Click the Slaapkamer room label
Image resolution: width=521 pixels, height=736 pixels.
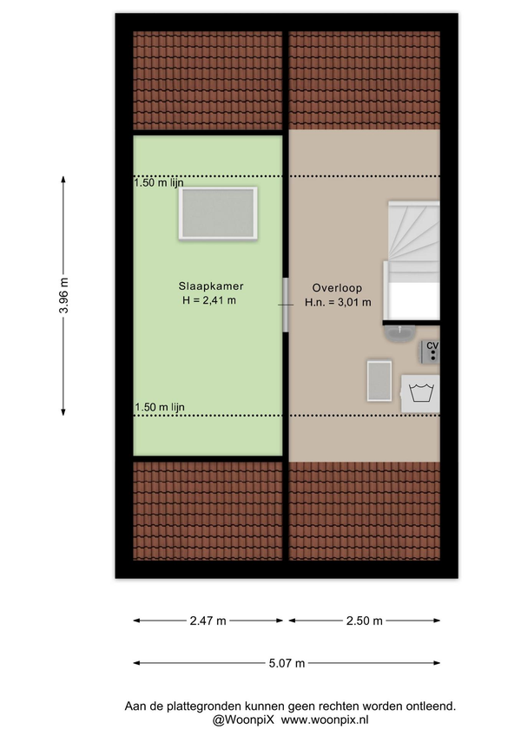(x=210, y=286)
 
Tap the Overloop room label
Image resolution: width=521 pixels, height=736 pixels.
(x=337, y=288)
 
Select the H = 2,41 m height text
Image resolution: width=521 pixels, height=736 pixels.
(x=209, y=300)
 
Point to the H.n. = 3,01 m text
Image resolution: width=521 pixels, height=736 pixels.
(x=338, y=302)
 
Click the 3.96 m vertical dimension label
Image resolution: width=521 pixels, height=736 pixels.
(x=64, y=296)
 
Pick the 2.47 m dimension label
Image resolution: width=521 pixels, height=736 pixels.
(x=208, y=621)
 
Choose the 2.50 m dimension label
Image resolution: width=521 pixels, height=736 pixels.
(x=365, y=621)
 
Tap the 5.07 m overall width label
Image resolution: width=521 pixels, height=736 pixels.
(x=287, y=663)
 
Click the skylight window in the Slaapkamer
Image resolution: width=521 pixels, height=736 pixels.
(x=217, y=214)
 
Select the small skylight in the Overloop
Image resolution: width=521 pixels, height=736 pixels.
(x=379, y=381)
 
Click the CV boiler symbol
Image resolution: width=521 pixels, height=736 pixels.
(x=429, y=352)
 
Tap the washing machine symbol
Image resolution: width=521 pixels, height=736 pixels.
(x=420, y=393)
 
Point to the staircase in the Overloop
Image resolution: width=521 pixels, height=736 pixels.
(x=412, y=261)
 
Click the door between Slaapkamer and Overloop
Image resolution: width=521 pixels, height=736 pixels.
(x=285, y=305)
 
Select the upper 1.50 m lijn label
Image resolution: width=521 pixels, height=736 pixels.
(x=159, y=182)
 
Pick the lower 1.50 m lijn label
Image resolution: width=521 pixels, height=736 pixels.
(x=160, y=407)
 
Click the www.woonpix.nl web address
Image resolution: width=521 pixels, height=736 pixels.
(x=325, y=720)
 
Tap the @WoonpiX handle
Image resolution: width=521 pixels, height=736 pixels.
(x=243, y=720)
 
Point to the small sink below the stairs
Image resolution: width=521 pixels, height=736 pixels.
(x=399, y=332)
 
